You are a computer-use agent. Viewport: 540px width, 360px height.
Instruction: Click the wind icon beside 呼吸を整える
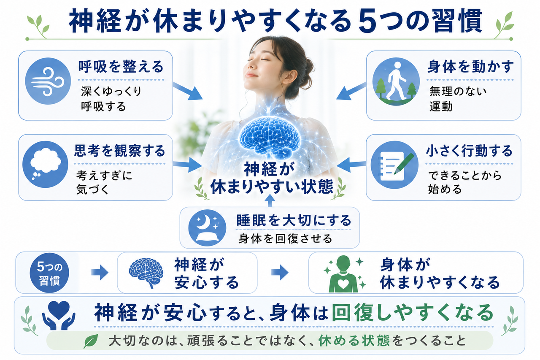click(x=48, y=81)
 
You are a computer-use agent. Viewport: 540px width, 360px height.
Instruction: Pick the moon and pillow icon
click(x=207, y=228)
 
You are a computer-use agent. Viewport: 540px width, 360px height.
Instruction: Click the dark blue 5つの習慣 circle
click(x=49, y=273)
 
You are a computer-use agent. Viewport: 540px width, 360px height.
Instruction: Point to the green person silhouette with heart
click(x=343, y=274)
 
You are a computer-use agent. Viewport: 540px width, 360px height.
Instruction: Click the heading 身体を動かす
click(x=470, y=67)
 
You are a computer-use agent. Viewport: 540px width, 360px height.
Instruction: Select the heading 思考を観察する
click(x=119, y=151)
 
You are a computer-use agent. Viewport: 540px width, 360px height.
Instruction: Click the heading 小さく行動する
click(x=469, y=151)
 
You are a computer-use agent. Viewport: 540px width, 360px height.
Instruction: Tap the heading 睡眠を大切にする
click(x=294, y=220)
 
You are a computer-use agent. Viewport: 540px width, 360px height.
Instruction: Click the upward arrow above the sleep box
click(x=270, y=200)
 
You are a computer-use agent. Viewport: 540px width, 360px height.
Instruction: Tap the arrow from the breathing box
click(x=188, y=92)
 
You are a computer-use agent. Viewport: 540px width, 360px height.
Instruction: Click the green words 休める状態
click(x=354, y=341)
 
